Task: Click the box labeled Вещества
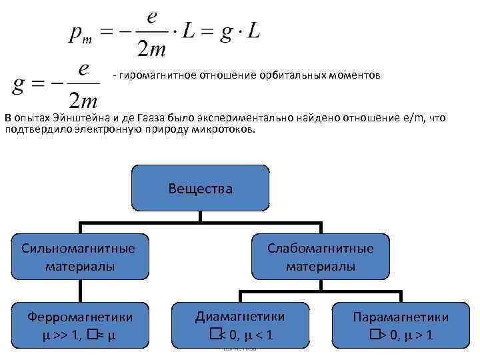point(201,189)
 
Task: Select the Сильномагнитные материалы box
point(79,257)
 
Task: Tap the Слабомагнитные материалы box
point(321,257)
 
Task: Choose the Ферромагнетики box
point(79,325)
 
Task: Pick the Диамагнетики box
point(240,325)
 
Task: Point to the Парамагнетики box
point(400,325)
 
